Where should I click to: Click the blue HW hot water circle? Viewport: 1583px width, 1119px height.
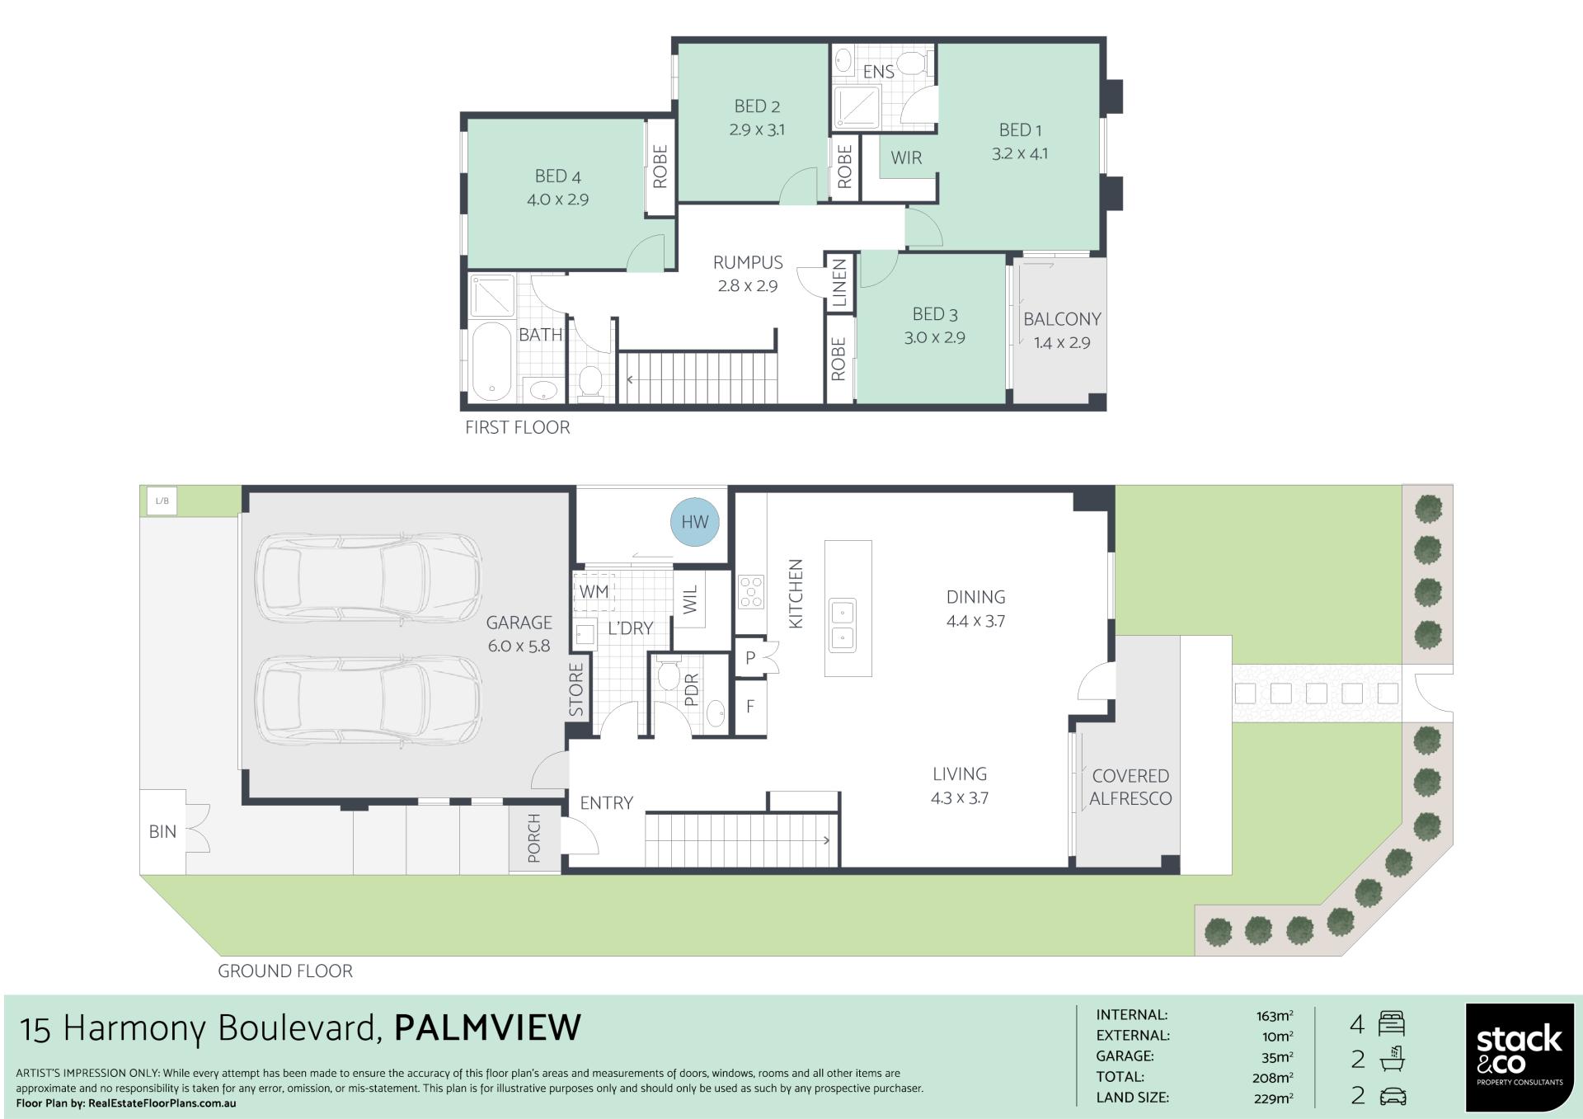695,521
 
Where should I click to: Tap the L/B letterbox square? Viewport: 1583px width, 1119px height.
162,501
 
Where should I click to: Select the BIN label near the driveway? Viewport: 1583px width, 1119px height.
162,831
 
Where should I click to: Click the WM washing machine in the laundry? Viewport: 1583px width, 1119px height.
594,591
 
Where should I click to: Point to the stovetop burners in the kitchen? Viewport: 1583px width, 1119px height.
752,591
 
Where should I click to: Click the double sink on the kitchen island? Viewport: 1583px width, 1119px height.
843,623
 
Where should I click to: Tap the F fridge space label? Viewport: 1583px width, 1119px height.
750,707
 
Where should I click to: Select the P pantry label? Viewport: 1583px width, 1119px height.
750,658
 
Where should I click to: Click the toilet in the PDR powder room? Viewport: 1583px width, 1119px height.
668,673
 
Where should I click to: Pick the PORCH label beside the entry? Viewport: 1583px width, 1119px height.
534,838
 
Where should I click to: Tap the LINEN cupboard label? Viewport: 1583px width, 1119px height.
839,283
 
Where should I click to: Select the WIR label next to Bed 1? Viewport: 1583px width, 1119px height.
906,158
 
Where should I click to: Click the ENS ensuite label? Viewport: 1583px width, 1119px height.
879,72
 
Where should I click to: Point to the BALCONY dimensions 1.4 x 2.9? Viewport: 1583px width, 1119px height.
1062,342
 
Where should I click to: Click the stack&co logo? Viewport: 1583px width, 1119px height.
1520,1056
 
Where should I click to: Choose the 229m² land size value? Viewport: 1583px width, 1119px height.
1272,1098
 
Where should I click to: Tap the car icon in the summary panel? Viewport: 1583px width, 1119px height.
1392,1096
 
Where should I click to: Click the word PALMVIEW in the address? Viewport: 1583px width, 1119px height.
488,1027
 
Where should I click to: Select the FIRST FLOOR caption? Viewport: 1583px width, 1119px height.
518,427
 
